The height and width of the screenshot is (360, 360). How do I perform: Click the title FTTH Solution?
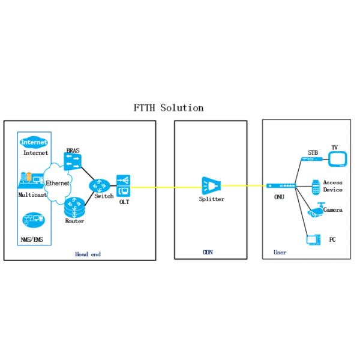point(169,108)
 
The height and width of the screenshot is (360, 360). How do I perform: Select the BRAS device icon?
point(74,160)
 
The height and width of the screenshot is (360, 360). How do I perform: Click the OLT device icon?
point(123,185)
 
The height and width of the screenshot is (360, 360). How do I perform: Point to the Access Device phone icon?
point(315,186)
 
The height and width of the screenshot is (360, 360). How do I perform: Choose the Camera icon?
point(315,210)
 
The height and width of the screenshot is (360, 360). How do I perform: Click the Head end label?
point(88,254)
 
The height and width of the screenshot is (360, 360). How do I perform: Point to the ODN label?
point(208,253)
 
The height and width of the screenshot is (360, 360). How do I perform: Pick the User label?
point(280,253)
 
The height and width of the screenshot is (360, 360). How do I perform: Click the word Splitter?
point(212,199)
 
